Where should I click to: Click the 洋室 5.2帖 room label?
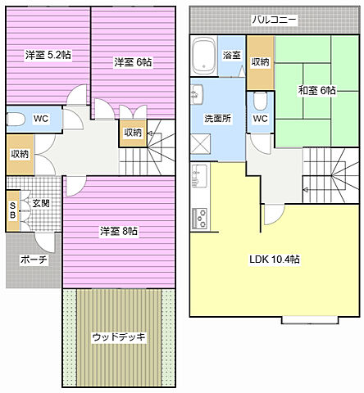[48, 55]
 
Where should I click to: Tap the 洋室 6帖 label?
[133, 61]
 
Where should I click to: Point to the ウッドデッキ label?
[119, 337]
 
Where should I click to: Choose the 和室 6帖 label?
[316, 91]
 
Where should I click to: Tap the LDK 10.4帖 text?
[275, 259]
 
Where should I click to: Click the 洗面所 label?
[217, 118]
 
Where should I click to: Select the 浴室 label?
[232, 55]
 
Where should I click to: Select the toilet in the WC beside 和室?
[260, 102]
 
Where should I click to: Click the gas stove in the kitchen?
[200, 219]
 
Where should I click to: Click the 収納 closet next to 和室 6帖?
[261, 62]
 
